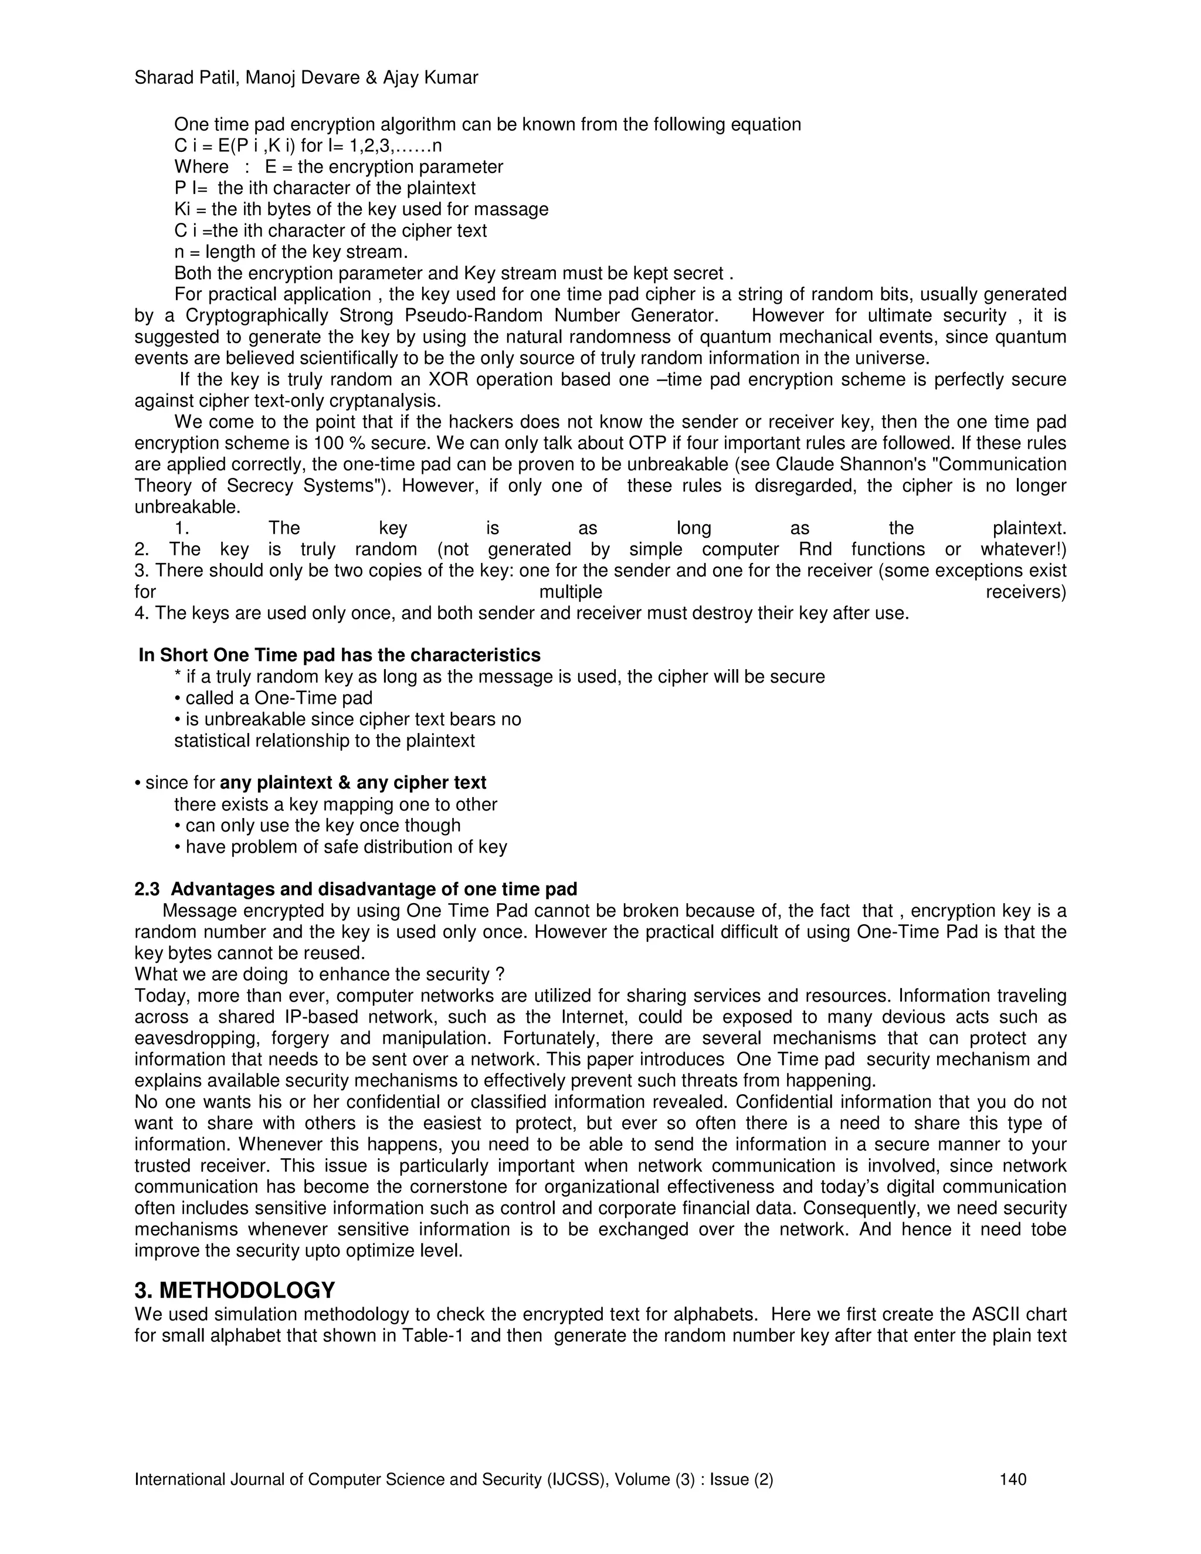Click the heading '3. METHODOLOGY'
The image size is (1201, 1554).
(x=235, y=1290)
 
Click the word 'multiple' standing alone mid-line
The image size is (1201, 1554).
(x=571, y=592)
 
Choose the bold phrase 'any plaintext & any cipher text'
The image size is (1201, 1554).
(x=353, y=783)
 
